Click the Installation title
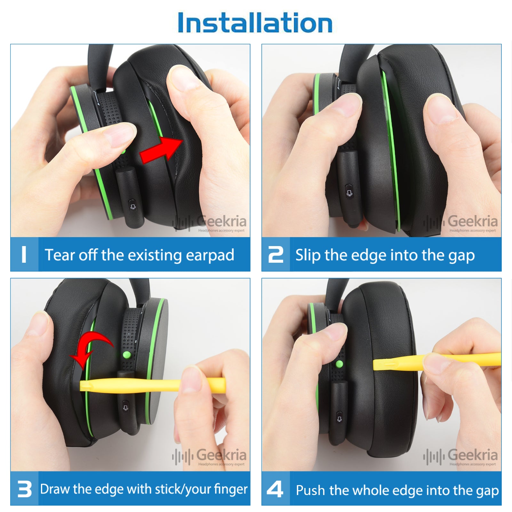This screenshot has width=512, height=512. coord(255,23)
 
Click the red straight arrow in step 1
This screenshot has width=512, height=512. coord(162,149)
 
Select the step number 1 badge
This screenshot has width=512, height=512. coord(24,254)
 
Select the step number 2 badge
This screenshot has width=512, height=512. coord(276,254)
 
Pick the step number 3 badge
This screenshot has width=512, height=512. coord(24,489)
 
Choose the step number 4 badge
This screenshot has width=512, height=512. coord(276,489)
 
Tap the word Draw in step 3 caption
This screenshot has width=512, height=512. coord(55,489)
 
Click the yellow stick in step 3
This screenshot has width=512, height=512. coord(152,385)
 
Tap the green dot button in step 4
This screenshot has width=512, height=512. coord(340,364)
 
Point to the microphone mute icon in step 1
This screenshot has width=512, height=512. coord(132,205)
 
